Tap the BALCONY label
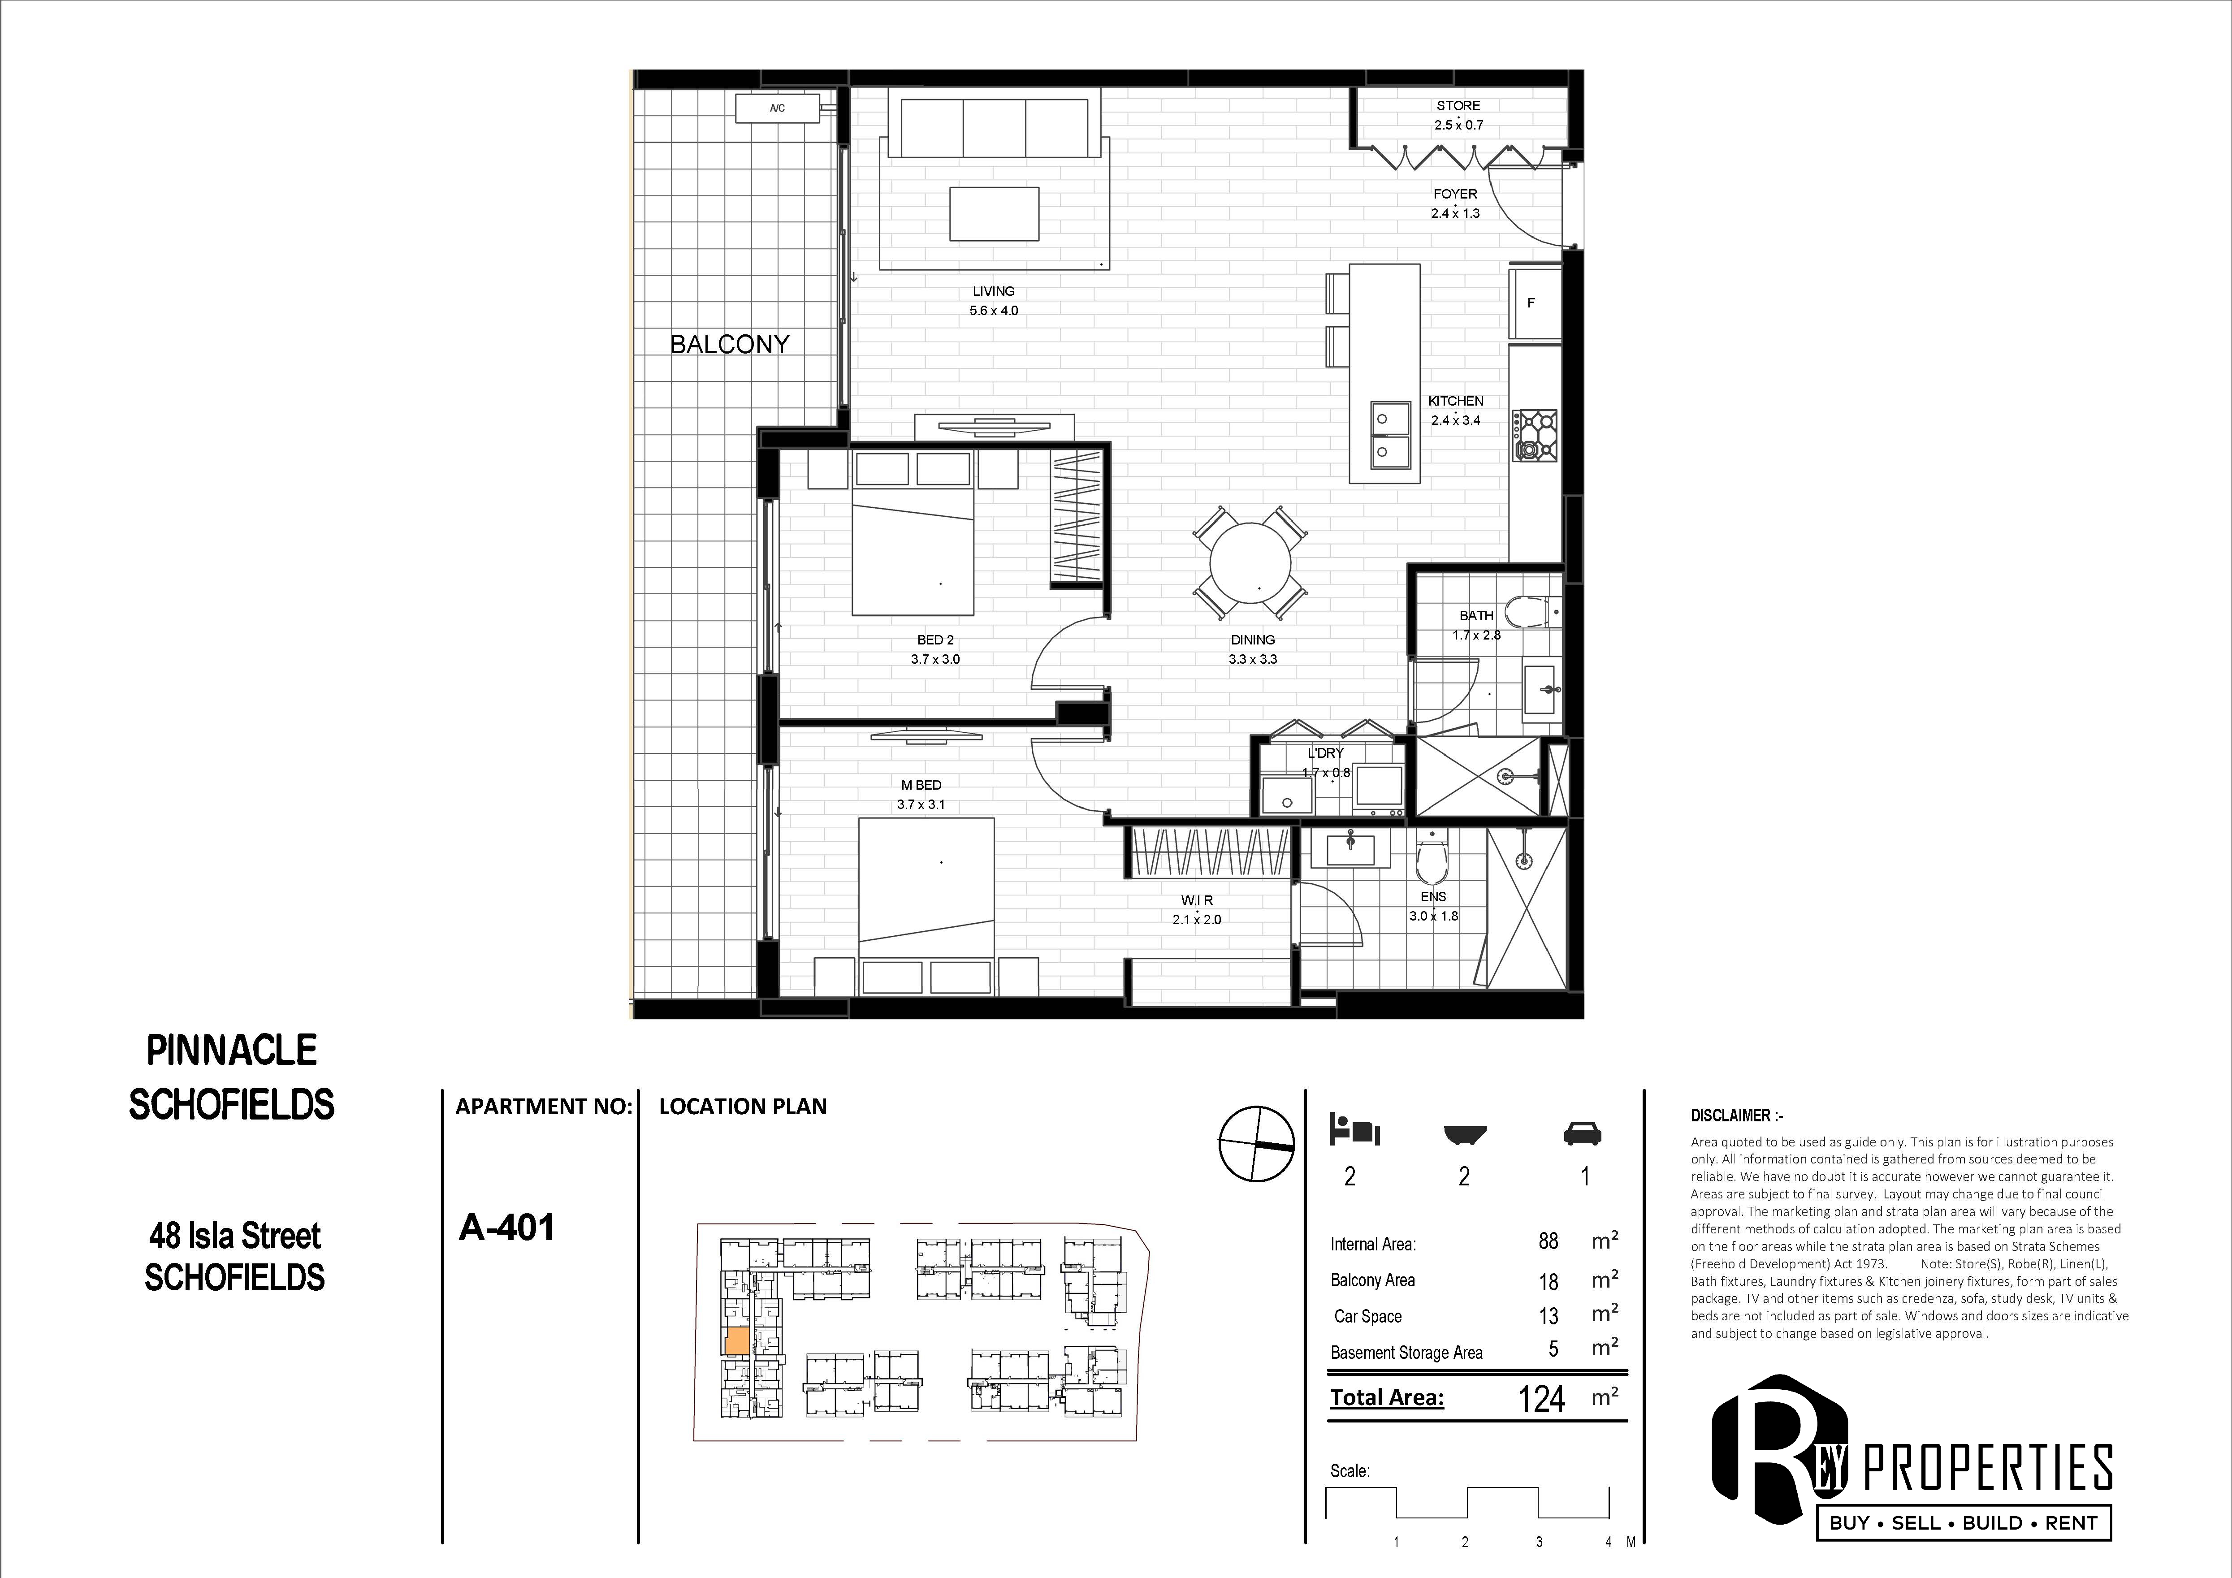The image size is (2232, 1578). tap(729, 344)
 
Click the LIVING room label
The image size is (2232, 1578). tap(994, 291)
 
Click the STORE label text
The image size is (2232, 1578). tap(1458, 105)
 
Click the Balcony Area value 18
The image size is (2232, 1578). tap(1549, 1281)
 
